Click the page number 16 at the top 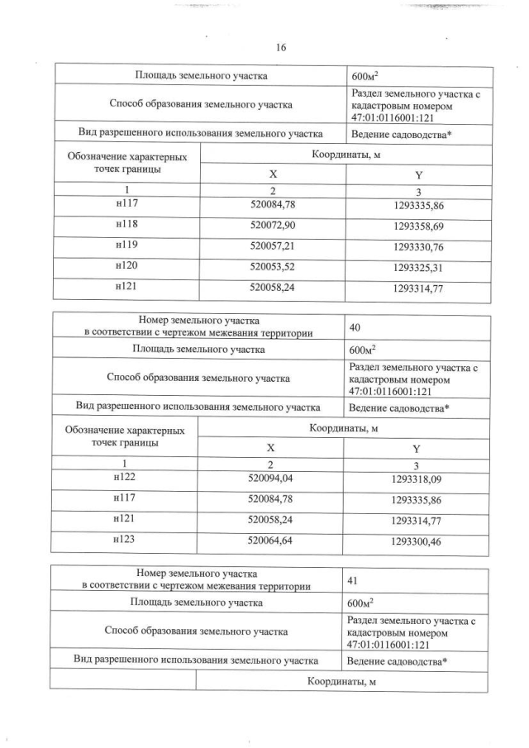tap(281, 49)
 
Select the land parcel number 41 tap(355, 581)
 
